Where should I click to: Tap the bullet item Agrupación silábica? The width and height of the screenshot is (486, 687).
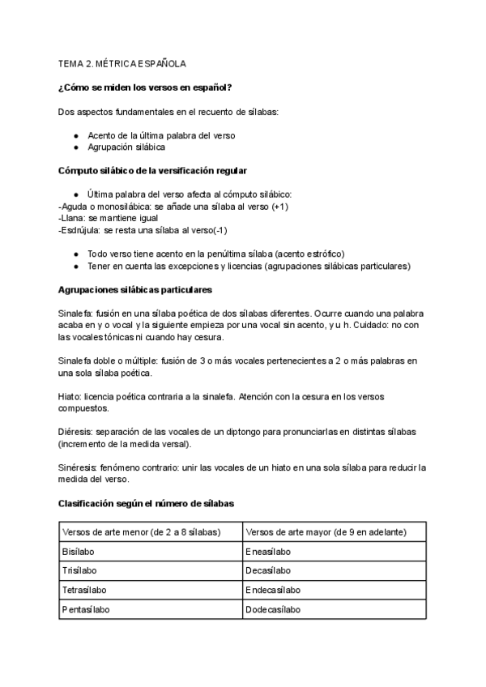(126, 147)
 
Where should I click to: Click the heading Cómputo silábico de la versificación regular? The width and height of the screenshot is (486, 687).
(153, 171)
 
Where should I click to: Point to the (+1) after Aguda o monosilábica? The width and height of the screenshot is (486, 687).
(279, 207)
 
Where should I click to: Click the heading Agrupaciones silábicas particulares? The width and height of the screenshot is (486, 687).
(136, 290)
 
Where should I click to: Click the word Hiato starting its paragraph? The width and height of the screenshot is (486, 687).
(70, 397)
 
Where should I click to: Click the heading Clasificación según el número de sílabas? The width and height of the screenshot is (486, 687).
(147, 503)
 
